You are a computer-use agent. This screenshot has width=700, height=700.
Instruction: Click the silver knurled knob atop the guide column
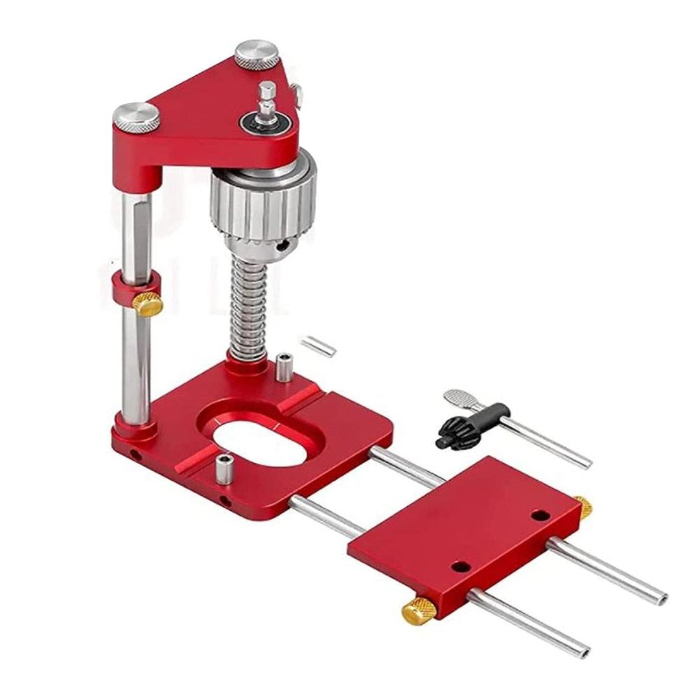(136, 117)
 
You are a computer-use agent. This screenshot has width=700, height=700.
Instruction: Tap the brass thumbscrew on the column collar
(148, 303)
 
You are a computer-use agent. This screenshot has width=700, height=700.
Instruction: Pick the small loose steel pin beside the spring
(318, 344)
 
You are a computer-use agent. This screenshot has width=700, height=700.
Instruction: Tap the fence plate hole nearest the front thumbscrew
(460, 566)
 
